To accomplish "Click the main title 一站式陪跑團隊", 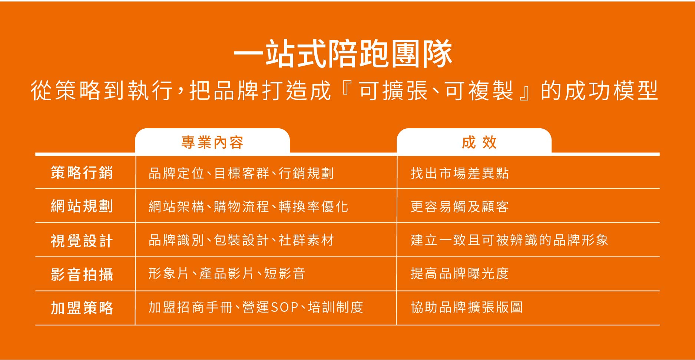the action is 343,54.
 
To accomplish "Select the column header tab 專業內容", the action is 212,142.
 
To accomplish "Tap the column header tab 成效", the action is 474,142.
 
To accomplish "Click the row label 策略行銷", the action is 82,173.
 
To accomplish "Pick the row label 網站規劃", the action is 82,206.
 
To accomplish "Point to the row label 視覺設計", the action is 82,241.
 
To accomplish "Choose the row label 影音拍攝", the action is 82,274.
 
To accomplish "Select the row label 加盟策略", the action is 82,308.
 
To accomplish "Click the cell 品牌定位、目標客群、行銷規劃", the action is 241,173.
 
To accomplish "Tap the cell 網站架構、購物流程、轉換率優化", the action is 248,207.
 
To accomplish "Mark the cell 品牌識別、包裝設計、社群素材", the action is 241,240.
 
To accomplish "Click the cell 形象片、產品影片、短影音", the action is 227,274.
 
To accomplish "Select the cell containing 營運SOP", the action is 256,307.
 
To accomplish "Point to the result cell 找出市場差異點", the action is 460,173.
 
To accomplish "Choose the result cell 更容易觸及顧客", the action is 460,207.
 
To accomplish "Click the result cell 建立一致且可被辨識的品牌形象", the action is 509,240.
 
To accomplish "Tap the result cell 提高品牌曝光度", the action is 460,274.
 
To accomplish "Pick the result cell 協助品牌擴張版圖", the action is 467,307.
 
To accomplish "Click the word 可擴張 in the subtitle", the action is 394,90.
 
